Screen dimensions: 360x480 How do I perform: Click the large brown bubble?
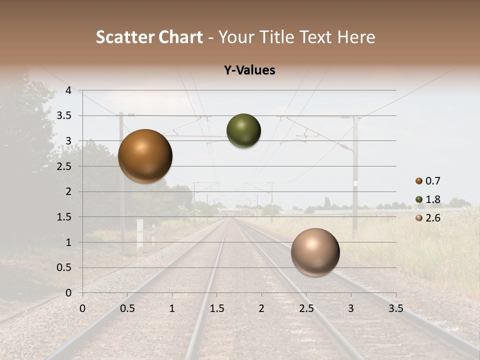coord(145,156)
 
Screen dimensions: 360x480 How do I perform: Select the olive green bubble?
coord(243,130)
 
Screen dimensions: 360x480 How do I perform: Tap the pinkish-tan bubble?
coord(315,252)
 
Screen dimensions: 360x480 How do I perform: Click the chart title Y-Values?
coord(249,70)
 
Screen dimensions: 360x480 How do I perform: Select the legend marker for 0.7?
coord(418,181)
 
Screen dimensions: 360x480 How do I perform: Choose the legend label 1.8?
coord(432,199)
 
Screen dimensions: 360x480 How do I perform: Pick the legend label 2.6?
coord(432,218)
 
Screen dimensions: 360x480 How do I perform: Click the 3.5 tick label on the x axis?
coord(395,308)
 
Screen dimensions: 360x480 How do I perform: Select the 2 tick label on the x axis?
coord(261,308)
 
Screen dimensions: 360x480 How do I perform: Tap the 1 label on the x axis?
coord(172,308)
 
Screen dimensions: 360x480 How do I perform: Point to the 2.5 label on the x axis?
coord(306,308)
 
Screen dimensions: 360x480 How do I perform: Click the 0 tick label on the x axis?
coord(82,308)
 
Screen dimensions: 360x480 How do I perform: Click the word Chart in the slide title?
coord(180,37)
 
